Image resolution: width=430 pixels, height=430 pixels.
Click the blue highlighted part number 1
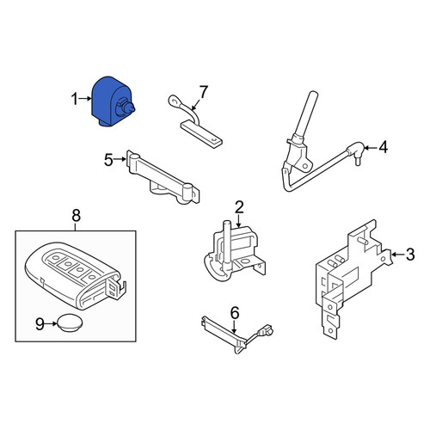(x=112, y=101)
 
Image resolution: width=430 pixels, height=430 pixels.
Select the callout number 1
(x=75, y=99)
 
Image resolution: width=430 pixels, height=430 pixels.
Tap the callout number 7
(x=203, y=92)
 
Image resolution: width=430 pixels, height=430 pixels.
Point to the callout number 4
(x=384, y=147)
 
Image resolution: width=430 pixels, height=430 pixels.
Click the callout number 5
(x=108, y=160)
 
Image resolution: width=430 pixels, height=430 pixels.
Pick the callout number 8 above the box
(x=76, y=216)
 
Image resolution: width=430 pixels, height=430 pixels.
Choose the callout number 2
(x=239, y=207)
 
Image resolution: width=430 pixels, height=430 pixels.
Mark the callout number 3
(x=410, y=255)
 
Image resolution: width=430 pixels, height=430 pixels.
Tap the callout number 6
(x=235, y=313)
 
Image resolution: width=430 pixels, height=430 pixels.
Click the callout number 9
(x=40, y=324)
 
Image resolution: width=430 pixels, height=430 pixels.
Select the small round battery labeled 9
(x=70, y=322)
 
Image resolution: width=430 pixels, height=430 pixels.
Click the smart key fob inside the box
(x=76, y=276)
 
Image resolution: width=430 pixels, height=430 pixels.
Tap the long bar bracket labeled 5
(x=163, y=177)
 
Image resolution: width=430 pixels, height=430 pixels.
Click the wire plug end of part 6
(x=266, y=330)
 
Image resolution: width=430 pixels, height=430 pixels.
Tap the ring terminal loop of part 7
(x=175, y=101)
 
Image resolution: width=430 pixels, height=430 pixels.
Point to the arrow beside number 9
(x=52, y=324)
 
